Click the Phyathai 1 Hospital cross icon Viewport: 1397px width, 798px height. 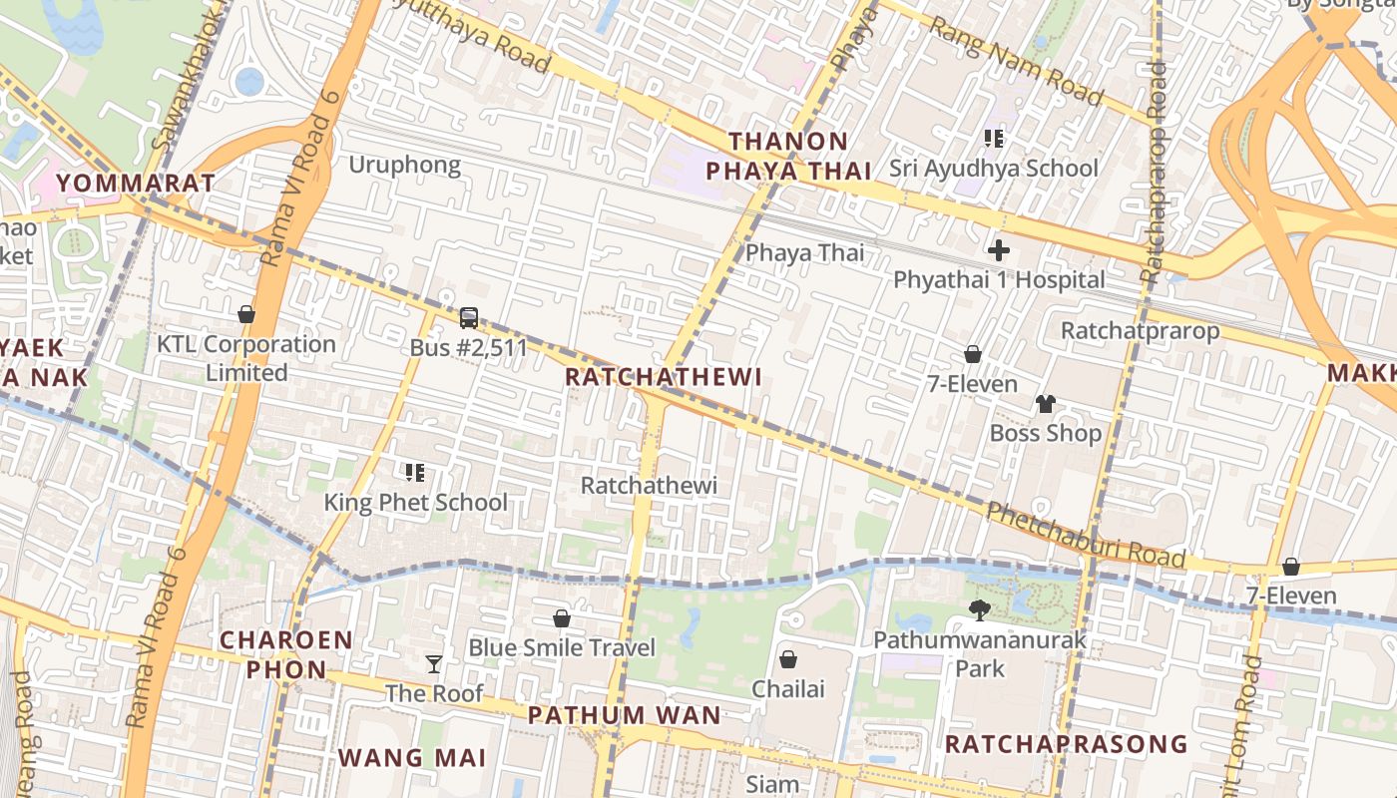tap(998, 250)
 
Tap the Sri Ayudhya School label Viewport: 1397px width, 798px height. tap(994, 168)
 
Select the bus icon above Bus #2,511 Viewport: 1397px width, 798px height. tap(469, 318)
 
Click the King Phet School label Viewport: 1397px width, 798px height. tap(415, 502)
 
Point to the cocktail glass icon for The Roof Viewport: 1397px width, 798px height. tap(434, 664)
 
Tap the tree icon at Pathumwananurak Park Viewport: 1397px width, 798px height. tap(980, 609)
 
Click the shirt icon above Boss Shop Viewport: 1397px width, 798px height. tap(1045, 404)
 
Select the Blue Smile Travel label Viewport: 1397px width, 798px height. tap(562, 647)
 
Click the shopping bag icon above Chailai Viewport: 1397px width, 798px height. tap(788, 659)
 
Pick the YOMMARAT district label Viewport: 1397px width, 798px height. tap(136, 183)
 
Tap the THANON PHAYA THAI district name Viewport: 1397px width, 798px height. tap(788, 157)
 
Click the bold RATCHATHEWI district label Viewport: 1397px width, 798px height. tap(663, 376)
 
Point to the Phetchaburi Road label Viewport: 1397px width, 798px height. tap(1086, 536)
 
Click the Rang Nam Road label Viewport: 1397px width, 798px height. tap(1016, 60)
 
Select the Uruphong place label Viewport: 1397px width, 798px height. tap(404, 165)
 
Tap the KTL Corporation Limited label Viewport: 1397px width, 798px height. tap(246, 358)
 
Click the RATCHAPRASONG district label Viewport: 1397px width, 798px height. tap(1066, 744)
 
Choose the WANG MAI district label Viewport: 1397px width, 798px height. tap(412, 757)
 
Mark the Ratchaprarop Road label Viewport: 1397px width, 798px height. tap(1155, 170)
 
